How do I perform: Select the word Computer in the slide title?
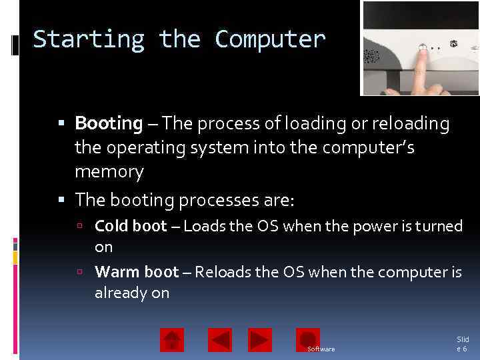[270, 40]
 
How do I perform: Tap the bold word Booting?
[109, 124]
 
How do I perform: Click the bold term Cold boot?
[131, 227]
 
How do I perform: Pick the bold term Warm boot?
[137, 272]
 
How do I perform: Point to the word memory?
[109, 172]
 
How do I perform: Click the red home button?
[172, 340]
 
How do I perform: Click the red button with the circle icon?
[308, 339]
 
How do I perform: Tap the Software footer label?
[321, 349]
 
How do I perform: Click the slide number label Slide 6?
[462, 344]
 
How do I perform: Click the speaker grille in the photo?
[371, 57]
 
